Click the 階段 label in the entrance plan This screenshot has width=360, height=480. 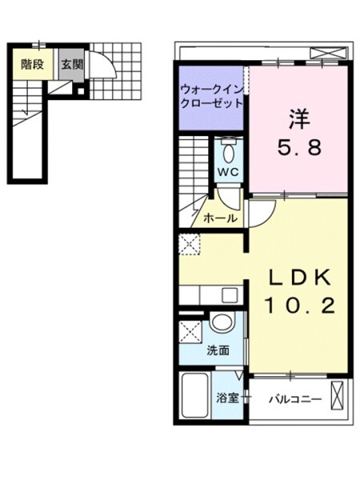pyautogui.click(x=32, y=65)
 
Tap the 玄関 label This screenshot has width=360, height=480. pyautogui.click(x=72, y=65)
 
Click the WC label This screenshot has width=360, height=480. pyautogui.click(x=228, y=172)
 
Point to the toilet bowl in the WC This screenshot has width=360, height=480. pyautogui.click(x=229, y=153)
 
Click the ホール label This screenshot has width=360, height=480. pyautogui.click(x=221, y=218)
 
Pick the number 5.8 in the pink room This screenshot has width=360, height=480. pyautogui.click(x=299, y=147)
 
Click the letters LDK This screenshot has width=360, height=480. pyautogui.click(x=300, y=278)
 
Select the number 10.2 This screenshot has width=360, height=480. pyautogui.click(x=300, y=306)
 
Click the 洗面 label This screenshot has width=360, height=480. pyautogui.click(x=218, y=350)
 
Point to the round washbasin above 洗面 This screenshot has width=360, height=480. pyautogui.click(x=222, y=322)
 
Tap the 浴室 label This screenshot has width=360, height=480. pyautogui.click(x=227, y=398)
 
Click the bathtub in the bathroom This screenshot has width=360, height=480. pyautogui.click(x=195, y=395)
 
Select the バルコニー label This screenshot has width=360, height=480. pyautogui.click(x=295, y=399)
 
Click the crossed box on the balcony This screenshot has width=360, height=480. pyautogui.click(x=338, y=395)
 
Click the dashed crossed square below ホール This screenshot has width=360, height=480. pyautogui.click(x=189, y=244)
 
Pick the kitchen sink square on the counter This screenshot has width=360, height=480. pyautogui.click(x=230, y=295)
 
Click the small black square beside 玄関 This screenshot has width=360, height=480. pyautogui.click(x=81, y=91)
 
